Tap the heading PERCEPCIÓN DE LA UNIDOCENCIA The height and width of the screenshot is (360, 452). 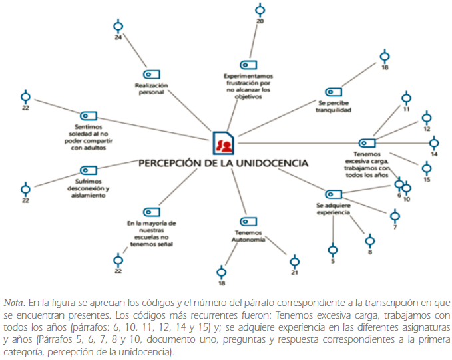point(223,163)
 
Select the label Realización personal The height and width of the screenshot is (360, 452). point(151,89)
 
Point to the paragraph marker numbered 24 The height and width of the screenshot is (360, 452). point(118,27)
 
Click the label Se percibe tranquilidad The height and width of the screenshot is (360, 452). point(333,106)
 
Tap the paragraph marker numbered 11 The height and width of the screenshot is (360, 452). point(406,98)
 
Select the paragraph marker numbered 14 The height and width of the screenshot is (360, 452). point(434,142)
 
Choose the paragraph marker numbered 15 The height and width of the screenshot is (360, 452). point(427,169)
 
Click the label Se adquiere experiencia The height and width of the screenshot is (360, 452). point(333,209)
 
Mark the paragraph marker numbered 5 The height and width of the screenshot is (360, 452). point(333,251)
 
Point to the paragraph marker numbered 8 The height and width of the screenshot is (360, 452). point(370,241)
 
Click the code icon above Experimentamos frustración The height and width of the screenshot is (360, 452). point(248,65)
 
